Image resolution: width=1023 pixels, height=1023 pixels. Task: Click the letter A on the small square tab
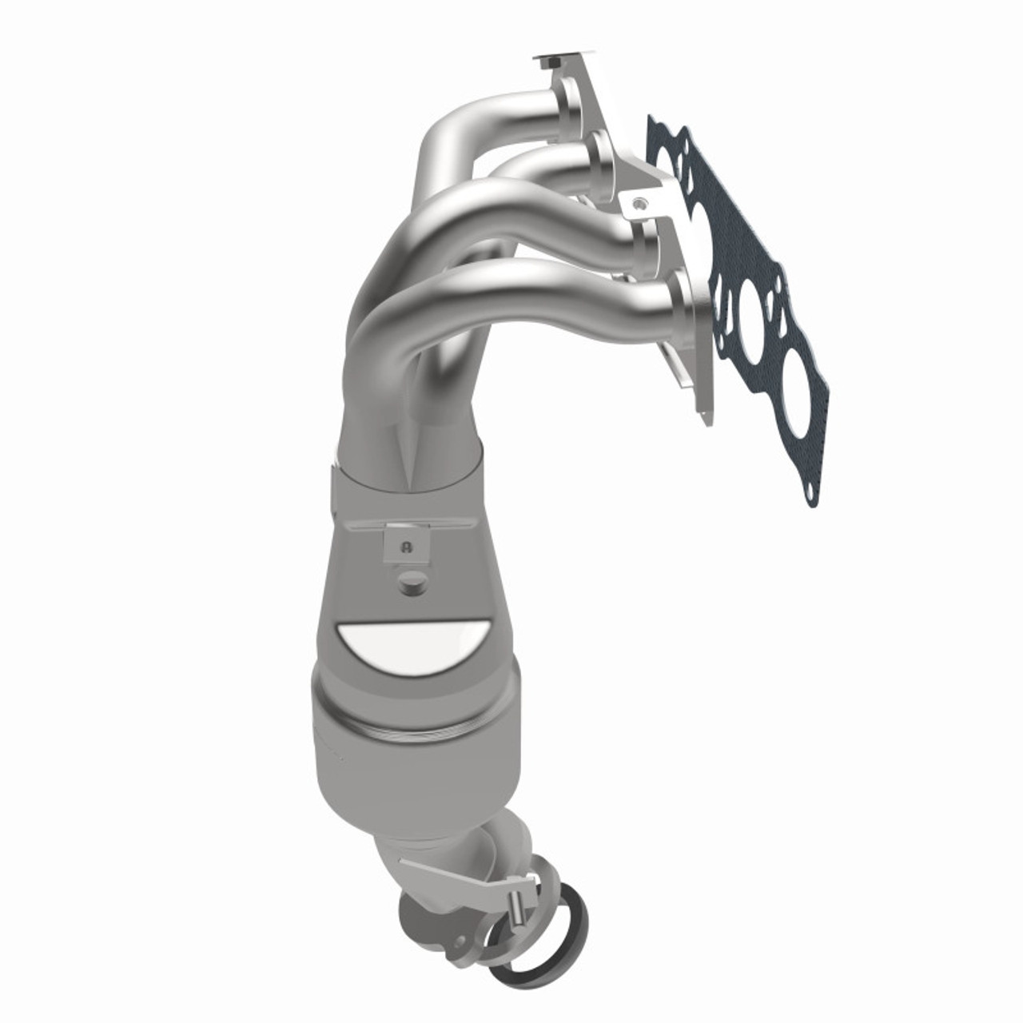click(x=408, y=547)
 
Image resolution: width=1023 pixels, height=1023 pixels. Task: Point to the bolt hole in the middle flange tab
click(x=636, y=205)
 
